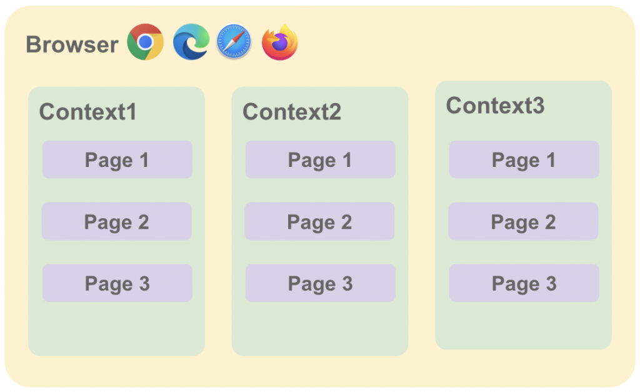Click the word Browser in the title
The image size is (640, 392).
click(72, 44)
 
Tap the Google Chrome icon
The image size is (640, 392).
click(145, 42)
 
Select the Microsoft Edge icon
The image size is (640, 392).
click(191, 42)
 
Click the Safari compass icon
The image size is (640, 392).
click(234, 42)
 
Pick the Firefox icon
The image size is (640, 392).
click(279, 43)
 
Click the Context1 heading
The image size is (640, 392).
click(87, 112)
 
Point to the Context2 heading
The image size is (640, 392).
click(292, 112)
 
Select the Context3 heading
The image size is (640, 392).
click(495, 106)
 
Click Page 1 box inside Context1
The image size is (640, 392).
click(117, 160)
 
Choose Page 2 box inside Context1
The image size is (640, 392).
click(116, 221)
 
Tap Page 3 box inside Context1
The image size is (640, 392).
click(117, 283)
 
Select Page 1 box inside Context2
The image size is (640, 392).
click(320, 160)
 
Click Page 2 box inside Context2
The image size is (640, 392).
click(319, 221)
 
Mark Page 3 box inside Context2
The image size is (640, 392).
click(320, 283)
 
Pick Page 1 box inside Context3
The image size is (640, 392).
click(524, 160)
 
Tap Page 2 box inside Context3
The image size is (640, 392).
click(523, 221)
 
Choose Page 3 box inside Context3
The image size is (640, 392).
click(524, 283)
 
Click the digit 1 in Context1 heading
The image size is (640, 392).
click(131, 112)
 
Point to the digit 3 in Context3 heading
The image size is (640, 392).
click(537, 106)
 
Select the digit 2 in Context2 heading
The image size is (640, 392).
click(334, 112)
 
